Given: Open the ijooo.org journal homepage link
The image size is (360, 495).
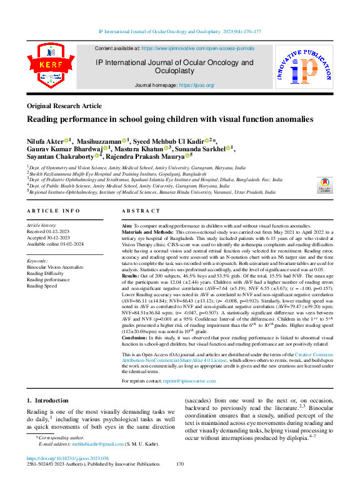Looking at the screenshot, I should tap(197, 85).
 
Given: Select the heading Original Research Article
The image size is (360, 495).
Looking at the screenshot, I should tap(65, 106).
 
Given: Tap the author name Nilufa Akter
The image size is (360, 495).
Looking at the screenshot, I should tap(47, 141).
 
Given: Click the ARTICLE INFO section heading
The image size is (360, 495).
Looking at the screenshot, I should tap(53, 212).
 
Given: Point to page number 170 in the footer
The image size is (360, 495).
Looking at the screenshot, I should tap(180, 481).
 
